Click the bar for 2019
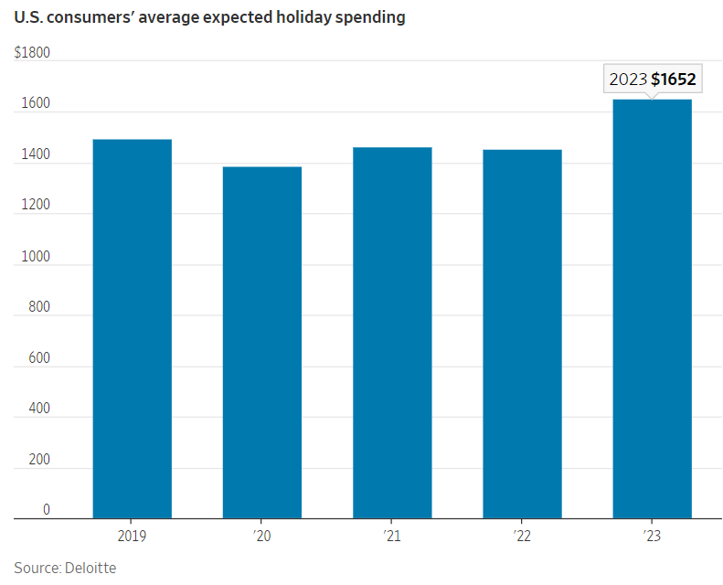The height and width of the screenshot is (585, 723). (133, 329)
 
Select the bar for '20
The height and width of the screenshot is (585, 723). (262, 343)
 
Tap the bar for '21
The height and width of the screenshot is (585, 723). (392, 333)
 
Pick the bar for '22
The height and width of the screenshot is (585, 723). (522, 335)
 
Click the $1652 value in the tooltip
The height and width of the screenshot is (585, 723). (674, 80)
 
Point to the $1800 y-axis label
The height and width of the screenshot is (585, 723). (32, 53)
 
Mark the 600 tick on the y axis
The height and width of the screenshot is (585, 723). (39, 358)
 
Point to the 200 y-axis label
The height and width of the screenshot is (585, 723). (39, 461)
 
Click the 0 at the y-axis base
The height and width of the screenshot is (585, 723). (47, 509)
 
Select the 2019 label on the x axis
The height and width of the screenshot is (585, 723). (133, 536)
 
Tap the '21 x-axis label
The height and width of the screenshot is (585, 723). (392, 536)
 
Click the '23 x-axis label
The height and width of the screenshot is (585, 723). (652, 536)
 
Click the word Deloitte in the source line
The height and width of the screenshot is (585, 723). (90, 568)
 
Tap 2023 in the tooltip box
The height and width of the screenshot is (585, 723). (628, 80)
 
